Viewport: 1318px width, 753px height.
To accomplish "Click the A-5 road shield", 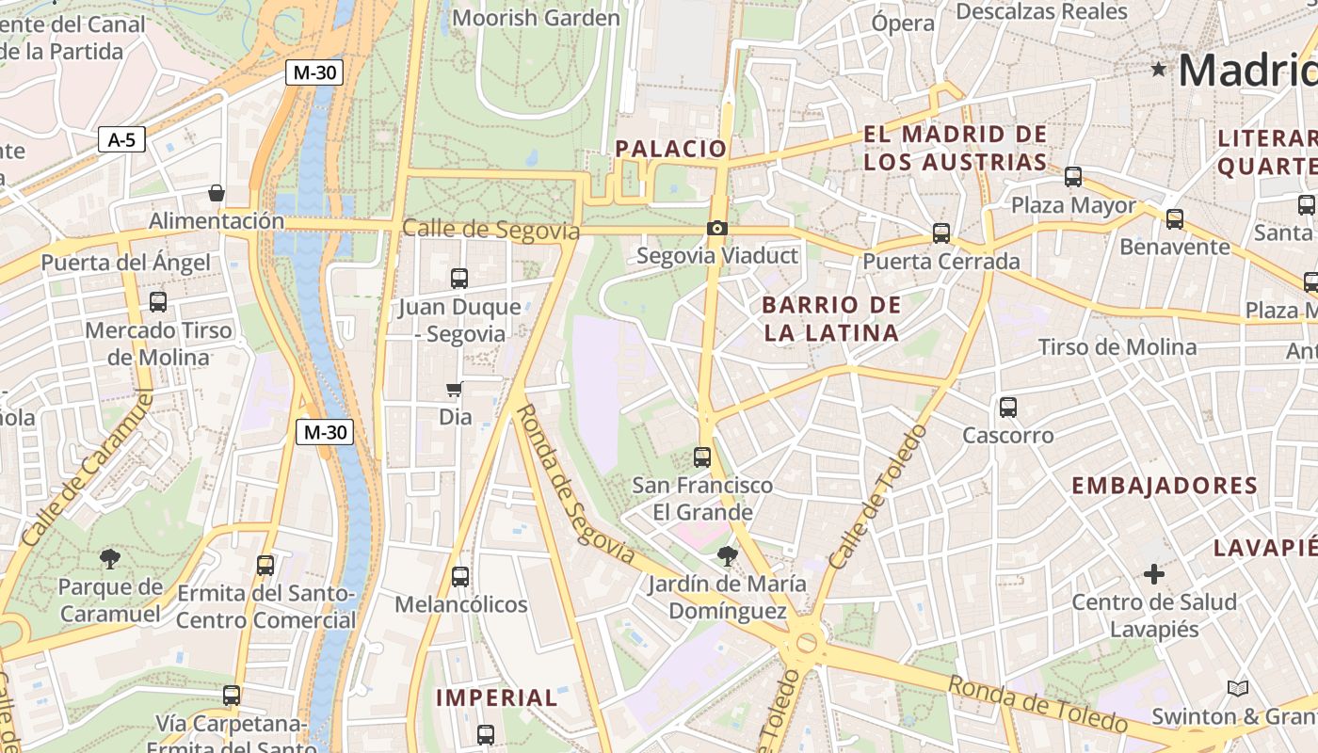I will (x=121, y=140).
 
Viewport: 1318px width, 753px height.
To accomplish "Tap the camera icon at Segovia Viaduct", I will (x=716, y=228).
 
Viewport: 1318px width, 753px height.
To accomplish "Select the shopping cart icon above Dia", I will (x=455, y=389).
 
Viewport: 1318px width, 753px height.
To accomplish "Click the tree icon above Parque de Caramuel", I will (x=110, y=559).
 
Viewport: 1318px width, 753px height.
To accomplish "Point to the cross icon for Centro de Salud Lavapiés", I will (x=1153, y=573).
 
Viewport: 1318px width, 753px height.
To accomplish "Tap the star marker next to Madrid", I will (x=1158, y=69).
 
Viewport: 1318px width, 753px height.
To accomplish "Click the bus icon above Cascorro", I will (x=1008, y=408).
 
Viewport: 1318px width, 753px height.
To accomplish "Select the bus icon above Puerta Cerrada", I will (x=940, y=233).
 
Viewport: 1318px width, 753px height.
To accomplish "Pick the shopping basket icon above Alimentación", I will (x=217, y=193).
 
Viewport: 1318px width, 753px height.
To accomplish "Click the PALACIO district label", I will (x=671, y=149).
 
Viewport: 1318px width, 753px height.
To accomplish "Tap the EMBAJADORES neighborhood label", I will (x=1165, y=486).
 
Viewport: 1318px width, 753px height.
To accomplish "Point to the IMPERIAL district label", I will (x=496, y=697).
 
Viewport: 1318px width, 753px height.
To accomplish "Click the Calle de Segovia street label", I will (x=490, y=230).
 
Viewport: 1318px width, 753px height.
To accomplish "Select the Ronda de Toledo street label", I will (x=1037, y=703).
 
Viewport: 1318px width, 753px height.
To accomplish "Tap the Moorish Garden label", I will (x=536, y=18).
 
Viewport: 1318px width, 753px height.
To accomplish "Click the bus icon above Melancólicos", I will (x=460, y=576).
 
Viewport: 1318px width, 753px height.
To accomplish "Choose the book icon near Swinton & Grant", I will (x=1237, y=689).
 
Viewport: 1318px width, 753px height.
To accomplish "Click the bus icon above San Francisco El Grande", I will (x=702, y=457).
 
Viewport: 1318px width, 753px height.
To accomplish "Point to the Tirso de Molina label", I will (x=1117, y=347).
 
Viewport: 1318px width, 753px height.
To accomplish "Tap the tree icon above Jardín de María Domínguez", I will (x=727, y=555).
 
